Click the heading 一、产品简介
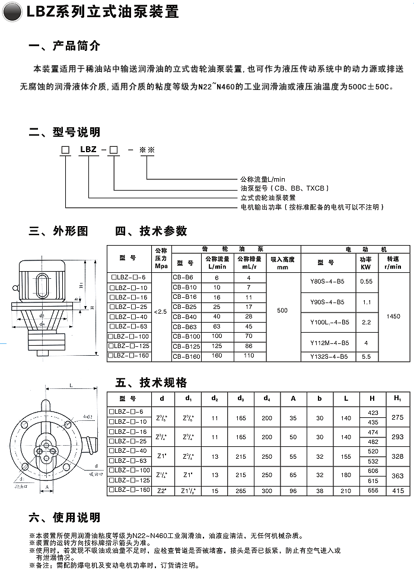click(x=65, y=46)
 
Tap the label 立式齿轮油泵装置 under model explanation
click(x=267, y=198)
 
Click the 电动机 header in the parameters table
click(x=357, y=249)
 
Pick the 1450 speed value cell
click(x=393, y=316)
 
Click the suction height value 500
click(x=282, y=310)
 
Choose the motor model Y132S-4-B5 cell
click(x=326, y=356)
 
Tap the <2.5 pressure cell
click(x=160, y=311)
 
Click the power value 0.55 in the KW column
click(x=366, y=281)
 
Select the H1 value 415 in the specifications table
click(x=397, y=491)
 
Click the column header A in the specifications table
click(x=293, y=398)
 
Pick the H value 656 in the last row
click(x=372, y=491)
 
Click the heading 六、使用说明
click(x=65, y=518)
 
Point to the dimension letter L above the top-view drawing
click(x=71, y=385)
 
